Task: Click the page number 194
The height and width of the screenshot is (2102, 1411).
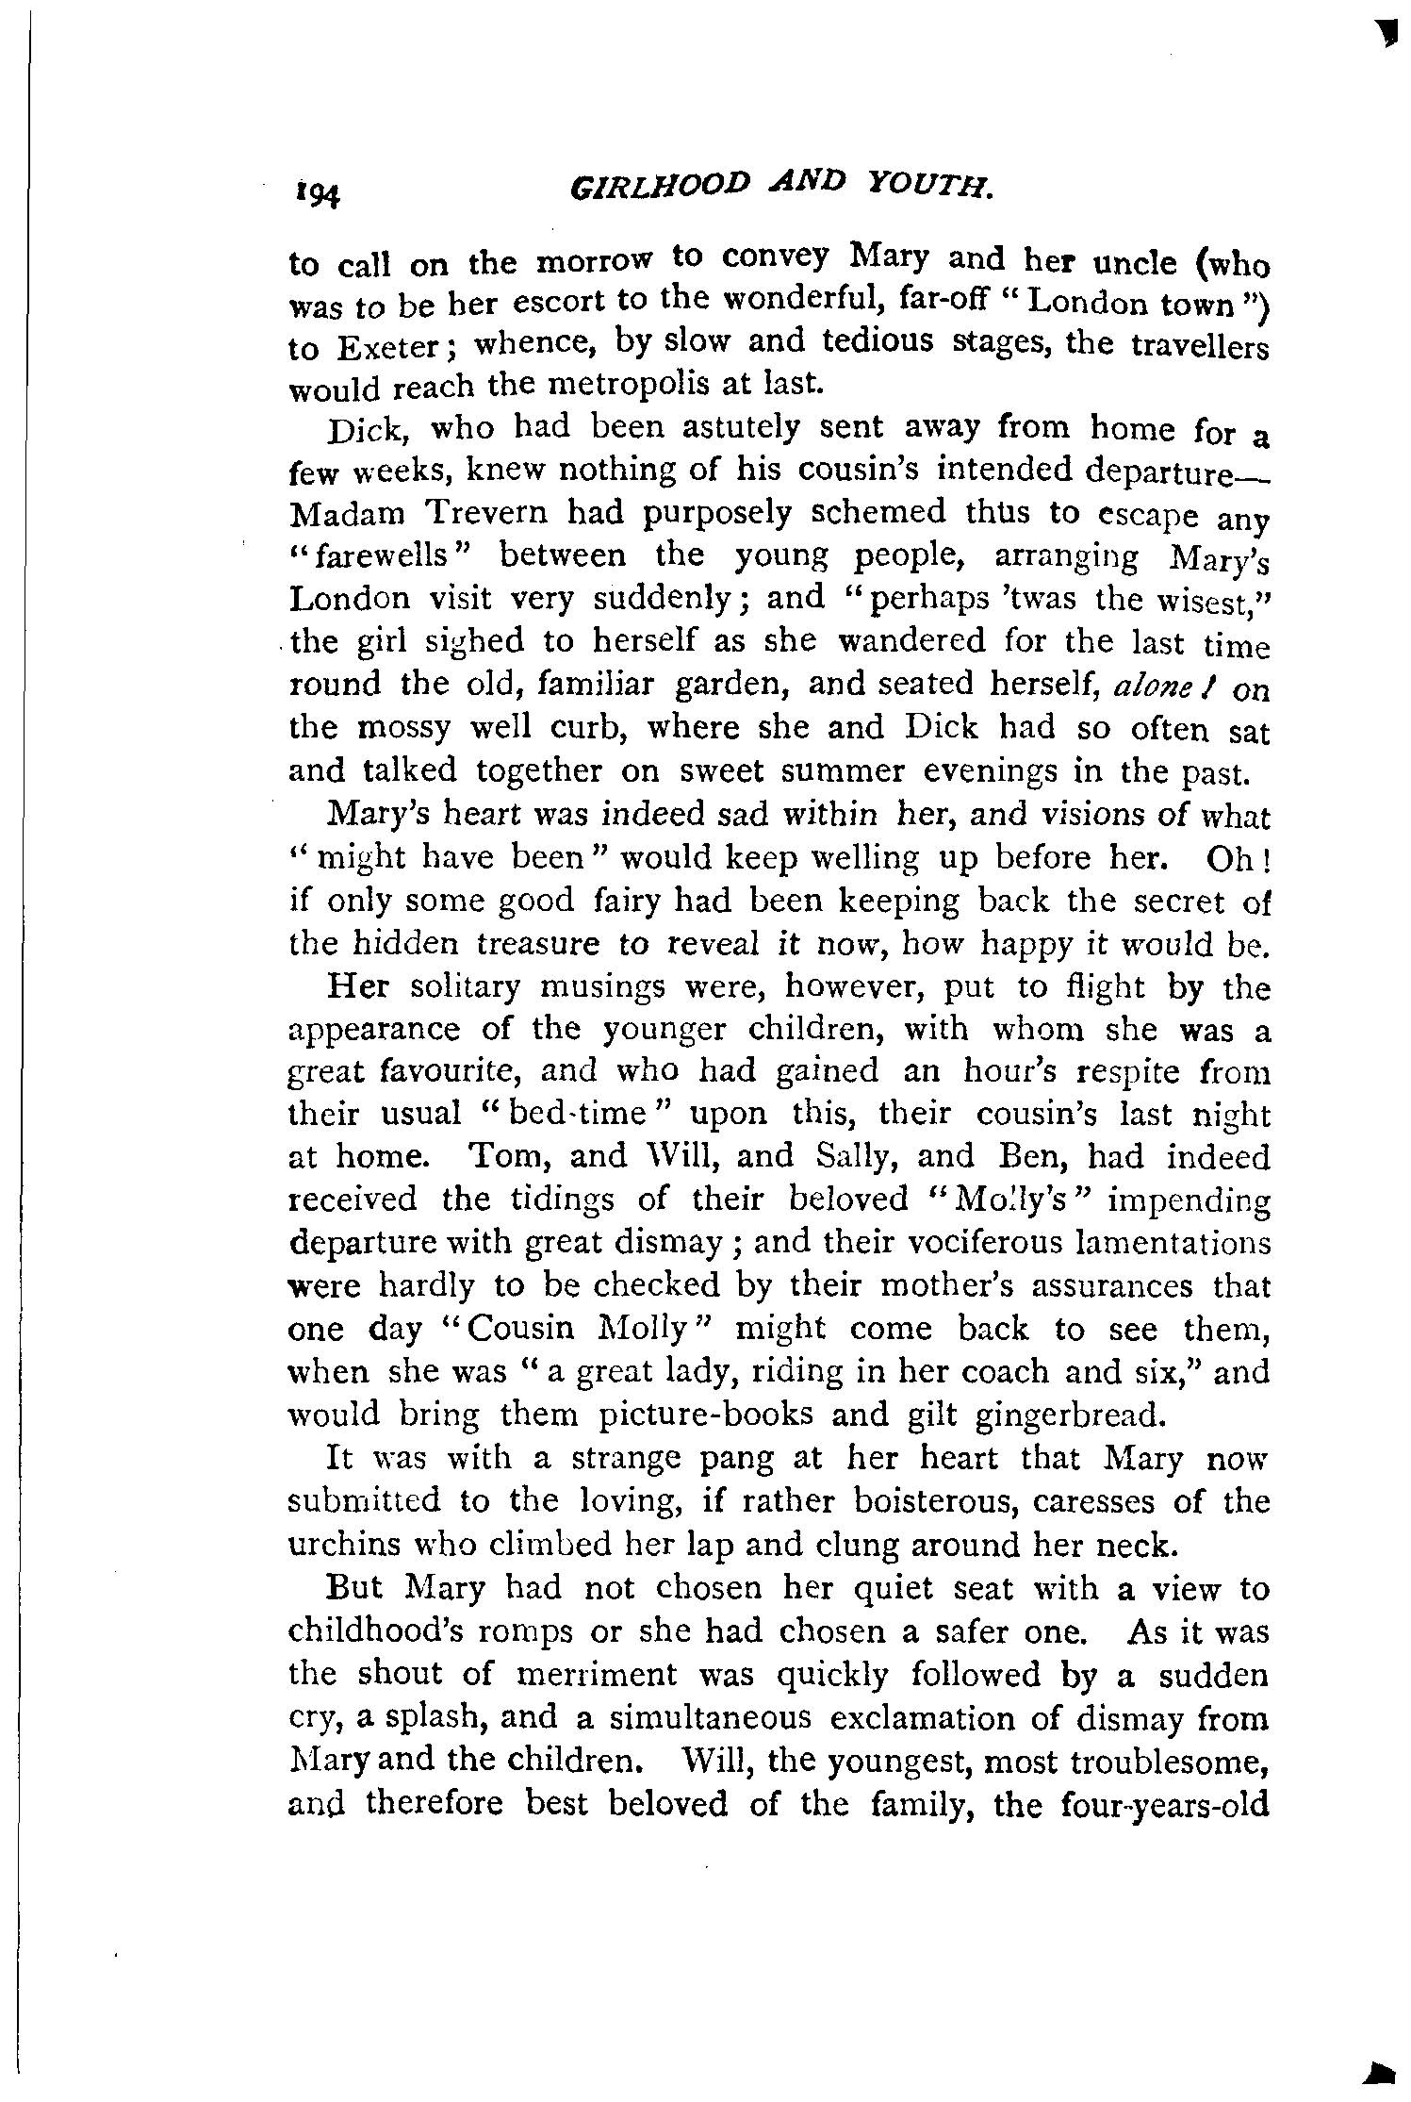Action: point(316,193)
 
